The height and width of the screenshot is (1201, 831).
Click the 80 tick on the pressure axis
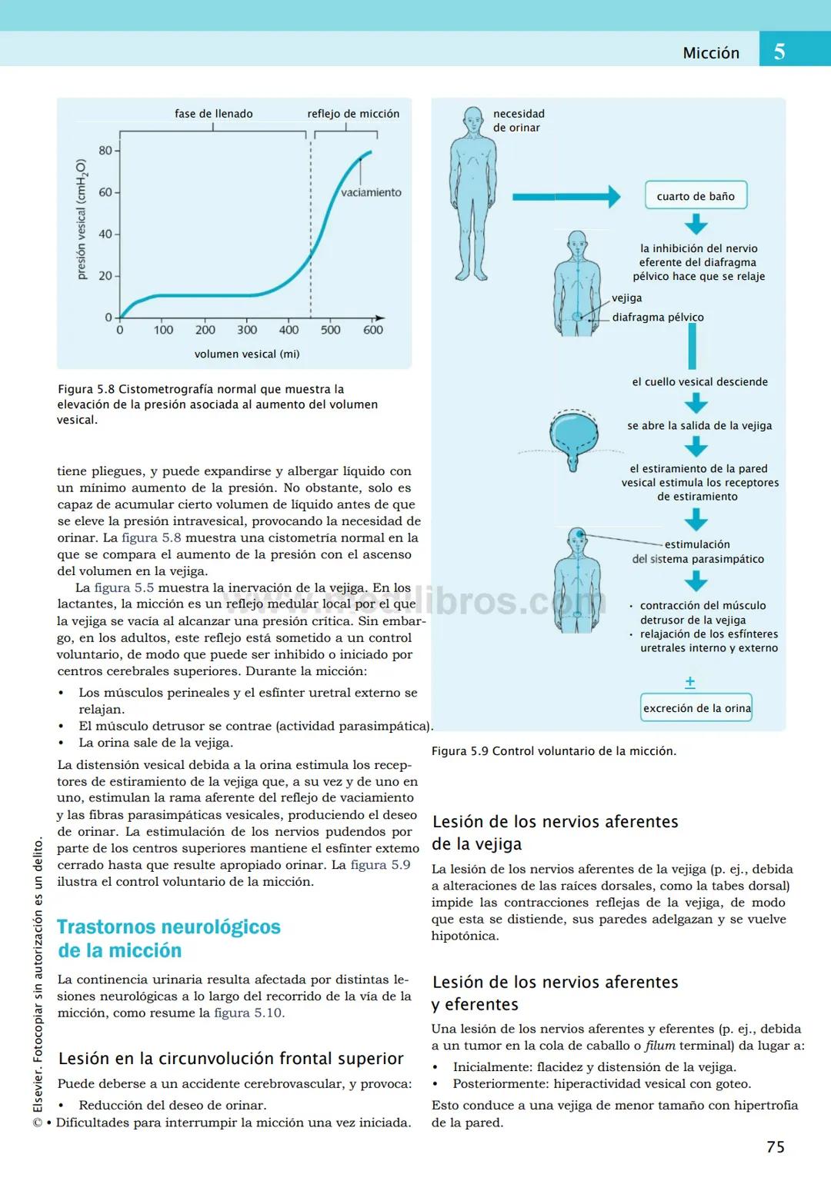pos(105,151)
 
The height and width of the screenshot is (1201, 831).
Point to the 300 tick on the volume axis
pos(247,330)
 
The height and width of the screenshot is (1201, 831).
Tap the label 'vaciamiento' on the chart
pos(371,193)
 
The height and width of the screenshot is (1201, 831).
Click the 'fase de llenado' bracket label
pos(213,114)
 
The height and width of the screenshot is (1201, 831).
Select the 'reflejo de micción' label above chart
pos(353,114)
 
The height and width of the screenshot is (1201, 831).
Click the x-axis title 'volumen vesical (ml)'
pos(247,354)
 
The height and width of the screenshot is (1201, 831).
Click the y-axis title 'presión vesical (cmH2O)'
pos(82,220)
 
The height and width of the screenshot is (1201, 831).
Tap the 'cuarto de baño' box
pos(696,196)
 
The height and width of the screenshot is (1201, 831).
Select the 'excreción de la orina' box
pos(696,708)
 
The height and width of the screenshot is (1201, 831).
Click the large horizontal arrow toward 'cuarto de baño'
pos(566,197)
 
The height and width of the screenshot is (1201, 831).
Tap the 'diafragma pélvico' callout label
pos(658,317)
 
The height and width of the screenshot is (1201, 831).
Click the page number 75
pos(775,1146)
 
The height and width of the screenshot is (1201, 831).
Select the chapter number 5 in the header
pos(779,52)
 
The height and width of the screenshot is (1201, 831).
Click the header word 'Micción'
pos(711,53)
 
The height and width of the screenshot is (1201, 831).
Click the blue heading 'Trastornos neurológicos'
pos(169,927)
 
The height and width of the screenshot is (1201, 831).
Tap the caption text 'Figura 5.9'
pos(459,751)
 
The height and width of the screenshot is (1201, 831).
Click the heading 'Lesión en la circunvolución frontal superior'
pos(231,1059)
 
